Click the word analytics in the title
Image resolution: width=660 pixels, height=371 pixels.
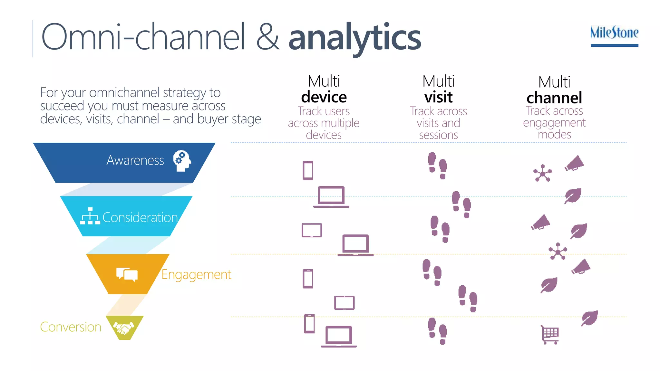(354, 38)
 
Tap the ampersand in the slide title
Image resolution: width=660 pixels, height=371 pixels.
(268, 37)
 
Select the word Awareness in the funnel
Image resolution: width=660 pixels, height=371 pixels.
(135, 160)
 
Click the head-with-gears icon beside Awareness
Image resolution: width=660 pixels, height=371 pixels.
(182, 161)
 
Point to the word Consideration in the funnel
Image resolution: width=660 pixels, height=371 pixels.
(140, 218)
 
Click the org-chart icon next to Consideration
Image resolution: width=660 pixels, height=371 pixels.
(90, 216)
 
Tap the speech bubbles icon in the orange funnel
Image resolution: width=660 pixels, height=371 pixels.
(127, 274)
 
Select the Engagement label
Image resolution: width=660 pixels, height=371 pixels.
(196, 275)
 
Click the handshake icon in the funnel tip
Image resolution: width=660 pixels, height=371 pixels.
(124, 328)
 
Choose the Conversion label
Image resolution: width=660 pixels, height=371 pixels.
(71, 327)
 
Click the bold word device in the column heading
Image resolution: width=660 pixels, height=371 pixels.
(324, 97)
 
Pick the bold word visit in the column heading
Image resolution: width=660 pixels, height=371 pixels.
(438, 97)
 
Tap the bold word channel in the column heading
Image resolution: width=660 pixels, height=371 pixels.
(554, 98)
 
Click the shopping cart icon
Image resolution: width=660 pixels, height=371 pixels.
(550, 335)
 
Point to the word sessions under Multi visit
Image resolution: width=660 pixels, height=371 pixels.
(438, 135)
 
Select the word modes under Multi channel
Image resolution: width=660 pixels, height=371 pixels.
(554, 134)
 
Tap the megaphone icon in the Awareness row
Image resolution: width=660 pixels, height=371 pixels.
(574, 163)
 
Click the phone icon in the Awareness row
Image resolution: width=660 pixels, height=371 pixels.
(308, 170)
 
